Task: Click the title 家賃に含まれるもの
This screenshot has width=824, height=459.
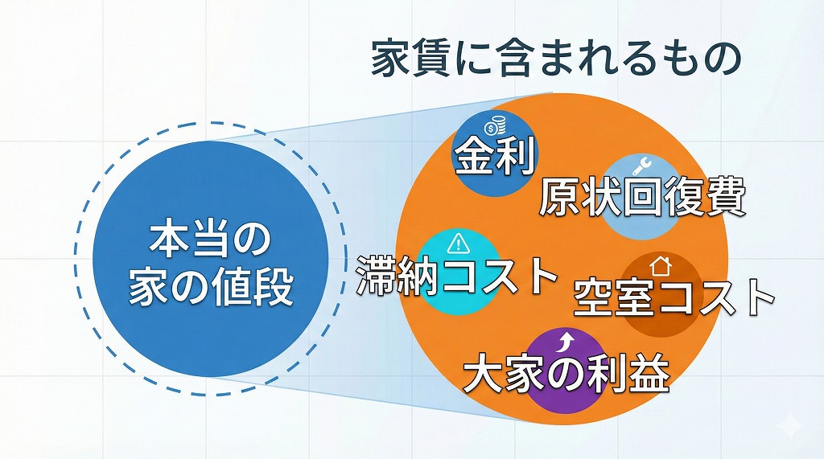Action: pyautogui.click(x=556, y=59)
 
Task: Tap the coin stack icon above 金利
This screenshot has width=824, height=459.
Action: pyautogui.click(x=495, y=126)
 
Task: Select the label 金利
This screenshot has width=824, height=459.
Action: pyautogui.click(x=495, y=155)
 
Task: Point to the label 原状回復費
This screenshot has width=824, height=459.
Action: pyautogui.click(x=643, y=198)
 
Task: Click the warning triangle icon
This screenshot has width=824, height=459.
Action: pyautogui.click(x=459, y=243)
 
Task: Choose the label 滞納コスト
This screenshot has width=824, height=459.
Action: pyautogui.click(x=456, y=275)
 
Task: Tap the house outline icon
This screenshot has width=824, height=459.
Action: pyautogui.click(x=661, y=266)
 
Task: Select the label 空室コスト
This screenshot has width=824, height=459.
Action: pyautogui.click(x=674, y=297)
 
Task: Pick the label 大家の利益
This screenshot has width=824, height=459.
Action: pyautogui.click(x=566, y=373)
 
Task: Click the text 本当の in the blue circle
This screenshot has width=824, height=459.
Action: pyautogui.click(x=210, y=240)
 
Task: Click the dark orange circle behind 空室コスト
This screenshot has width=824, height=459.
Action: pyautogui.click(x=661, y=295)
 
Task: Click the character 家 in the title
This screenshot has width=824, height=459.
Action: pyautogui.click(x=389, y=59)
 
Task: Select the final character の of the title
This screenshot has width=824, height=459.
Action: pyautogui.click(x=723, y=59)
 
